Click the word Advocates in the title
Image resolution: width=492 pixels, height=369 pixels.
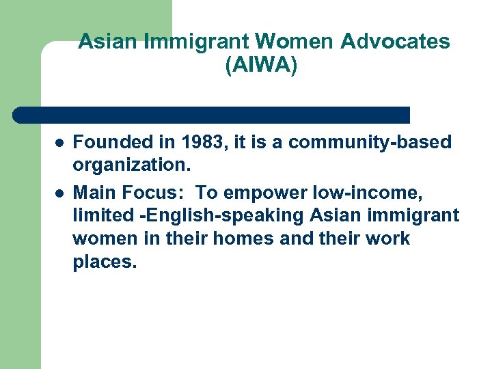396,42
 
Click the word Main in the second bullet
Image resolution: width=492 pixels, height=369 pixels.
93,191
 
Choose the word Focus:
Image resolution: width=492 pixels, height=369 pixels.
149,191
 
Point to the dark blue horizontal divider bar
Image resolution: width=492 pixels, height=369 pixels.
212,115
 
